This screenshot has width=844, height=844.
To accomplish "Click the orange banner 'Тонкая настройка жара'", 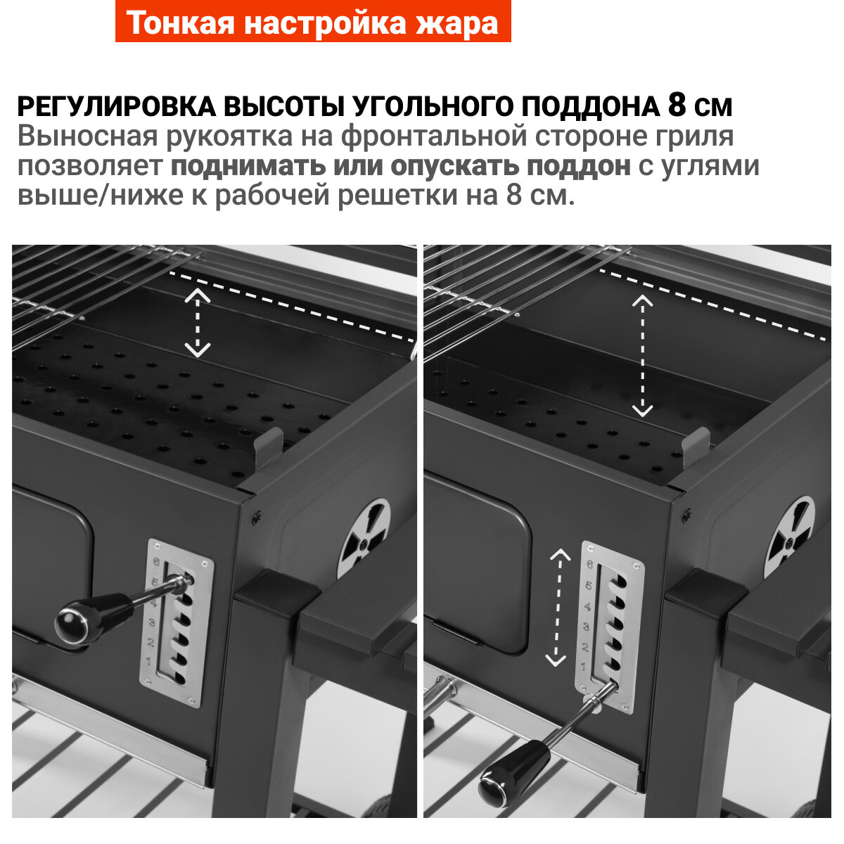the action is click(313, 21).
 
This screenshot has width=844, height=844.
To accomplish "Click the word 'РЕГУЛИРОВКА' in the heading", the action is click(117, 106).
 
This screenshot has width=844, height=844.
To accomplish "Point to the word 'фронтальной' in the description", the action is click(434, 137).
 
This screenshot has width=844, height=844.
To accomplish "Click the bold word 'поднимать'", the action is click(248, 166).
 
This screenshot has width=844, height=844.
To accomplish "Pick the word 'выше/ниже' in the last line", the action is click(101, 196).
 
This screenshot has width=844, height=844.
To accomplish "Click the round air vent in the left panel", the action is click(364, 539).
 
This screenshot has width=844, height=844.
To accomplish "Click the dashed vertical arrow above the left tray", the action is click(198, 322).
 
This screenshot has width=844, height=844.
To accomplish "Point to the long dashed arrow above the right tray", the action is click(643, 356).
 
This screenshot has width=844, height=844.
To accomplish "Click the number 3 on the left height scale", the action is click(152, 622).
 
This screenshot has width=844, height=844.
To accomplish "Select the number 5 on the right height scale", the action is click(589, 585).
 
